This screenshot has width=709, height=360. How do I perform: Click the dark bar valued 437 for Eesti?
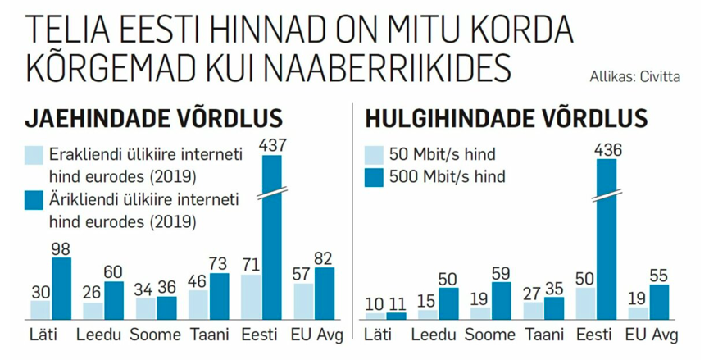[x=270, y=238]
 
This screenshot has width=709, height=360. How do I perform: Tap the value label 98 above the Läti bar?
[x=61, y=247]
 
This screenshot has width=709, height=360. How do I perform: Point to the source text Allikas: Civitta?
[x=634, y=78]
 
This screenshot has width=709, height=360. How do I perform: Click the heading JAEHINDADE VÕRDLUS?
[x=153, y=119]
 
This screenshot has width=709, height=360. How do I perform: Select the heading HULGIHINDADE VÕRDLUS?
[x=506, y=119]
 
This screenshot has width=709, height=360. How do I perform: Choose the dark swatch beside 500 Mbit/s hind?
[x=374, y=175]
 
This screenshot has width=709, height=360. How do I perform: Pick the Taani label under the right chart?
[x=544, y=335]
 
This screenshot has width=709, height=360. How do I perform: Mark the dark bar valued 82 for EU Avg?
[x=324, y=293]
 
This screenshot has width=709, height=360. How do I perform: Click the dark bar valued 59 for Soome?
[x=501, y=300]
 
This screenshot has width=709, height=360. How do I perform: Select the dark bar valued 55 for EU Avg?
[x=659, y=301]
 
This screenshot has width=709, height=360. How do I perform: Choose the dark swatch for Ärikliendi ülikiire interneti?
[x=34, y=200]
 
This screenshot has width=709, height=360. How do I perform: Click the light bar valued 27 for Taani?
[x=534, y=310]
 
